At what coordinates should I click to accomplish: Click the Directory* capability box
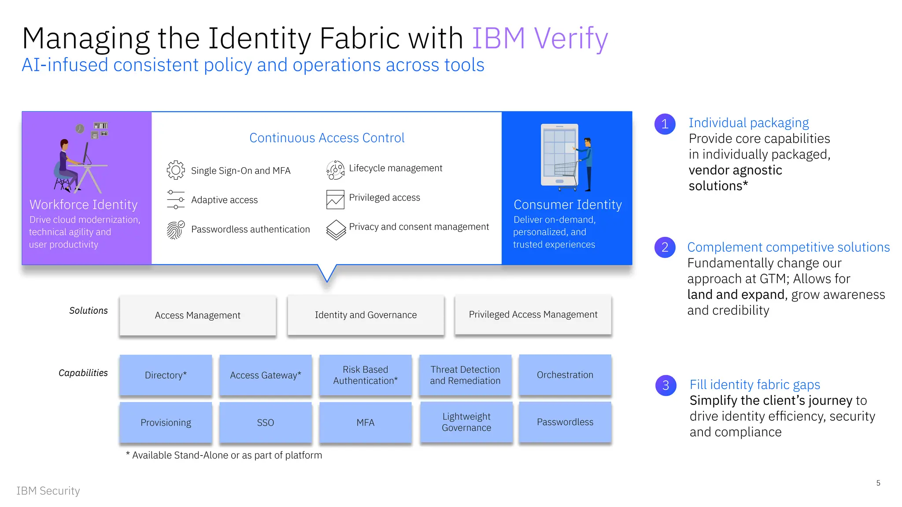coord(166,375)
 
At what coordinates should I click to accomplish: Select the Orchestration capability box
coord(565,375)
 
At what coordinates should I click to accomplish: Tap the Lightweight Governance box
coord(466,422)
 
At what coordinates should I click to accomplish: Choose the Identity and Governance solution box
coord(366,315)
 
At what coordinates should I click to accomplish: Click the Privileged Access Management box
coord(533,314)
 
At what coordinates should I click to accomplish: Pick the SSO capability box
coord(265,422)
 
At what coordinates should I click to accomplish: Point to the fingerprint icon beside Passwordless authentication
coord(175,230)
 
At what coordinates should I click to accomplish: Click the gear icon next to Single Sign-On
coord(176,170)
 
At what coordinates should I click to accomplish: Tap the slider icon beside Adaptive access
coord(176,199)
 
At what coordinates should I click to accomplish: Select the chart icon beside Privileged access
coord(335,199)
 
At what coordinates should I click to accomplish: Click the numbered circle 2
coord(665,247)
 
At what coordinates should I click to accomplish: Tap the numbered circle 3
coord(666,386)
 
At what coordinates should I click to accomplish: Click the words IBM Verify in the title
coord(540,38)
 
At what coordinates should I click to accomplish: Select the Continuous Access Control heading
coord(327,138)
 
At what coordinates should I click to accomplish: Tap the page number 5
coord(878,483)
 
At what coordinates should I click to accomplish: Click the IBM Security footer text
coord(48,491)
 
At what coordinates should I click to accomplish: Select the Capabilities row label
coord(83,373)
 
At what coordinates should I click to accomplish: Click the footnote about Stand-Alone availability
coord(224,455)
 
